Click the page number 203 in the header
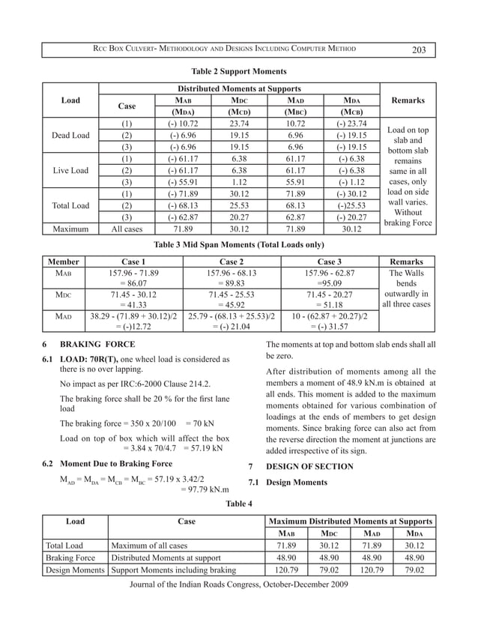[418, 49]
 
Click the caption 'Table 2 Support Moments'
[239, 71]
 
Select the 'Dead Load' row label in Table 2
[70, 136]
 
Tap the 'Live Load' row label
[70, 170]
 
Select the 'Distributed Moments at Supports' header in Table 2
[239, 88]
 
